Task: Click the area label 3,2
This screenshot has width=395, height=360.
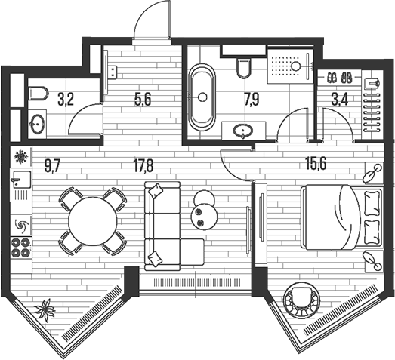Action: click(66, 100)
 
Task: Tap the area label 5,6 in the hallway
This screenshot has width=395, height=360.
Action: click(143, 100)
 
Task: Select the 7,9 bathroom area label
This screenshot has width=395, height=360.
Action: click(252, 100)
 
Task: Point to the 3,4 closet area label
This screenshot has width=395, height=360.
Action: click(340, 100)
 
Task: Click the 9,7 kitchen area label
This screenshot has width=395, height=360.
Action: click(53, 167)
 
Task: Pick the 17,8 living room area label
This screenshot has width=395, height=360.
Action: click(143, 167)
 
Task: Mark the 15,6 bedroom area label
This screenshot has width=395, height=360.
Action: click(316, 164)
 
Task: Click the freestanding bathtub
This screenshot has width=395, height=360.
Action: click(202, 97)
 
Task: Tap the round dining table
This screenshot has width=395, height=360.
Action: click(92, 221)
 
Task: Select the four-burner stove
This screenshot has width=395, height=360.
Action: click(21, 248)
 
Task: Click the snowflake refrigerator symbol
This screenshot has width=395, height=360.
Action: click(20, 157)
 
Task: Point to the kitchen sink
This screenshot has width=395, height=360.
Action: click(21, 179)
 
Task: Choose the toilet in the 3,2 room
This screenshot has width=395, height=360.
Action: click(39, 93)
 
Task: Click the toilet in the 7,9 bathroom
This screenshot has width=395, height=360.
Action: click(244, 68)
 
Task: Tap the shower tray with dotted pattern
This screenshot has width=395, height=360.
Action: click(290, 66)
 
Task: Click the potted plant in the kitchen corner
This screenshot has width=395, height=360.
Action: click(45, 310)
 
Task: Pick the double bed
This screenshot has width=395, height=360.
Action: click(342, 217)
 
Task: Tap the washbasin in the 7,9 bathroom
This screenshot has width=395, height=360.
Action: click(243, 131)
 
